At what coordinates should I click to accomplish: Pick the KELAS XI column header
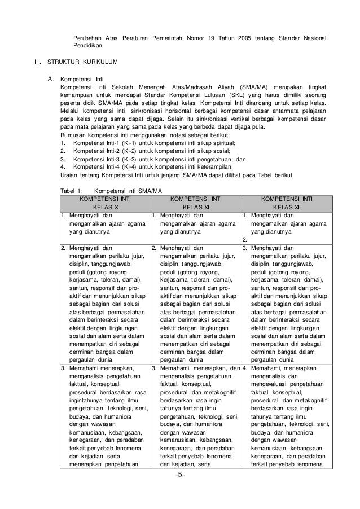click(x=196, y=208)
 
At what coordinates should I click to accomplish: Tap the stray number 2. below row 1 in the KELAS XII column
click(x=245, y=239)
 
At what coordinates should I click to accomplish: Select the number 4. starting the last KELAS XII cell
click(x=245, y=367)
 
